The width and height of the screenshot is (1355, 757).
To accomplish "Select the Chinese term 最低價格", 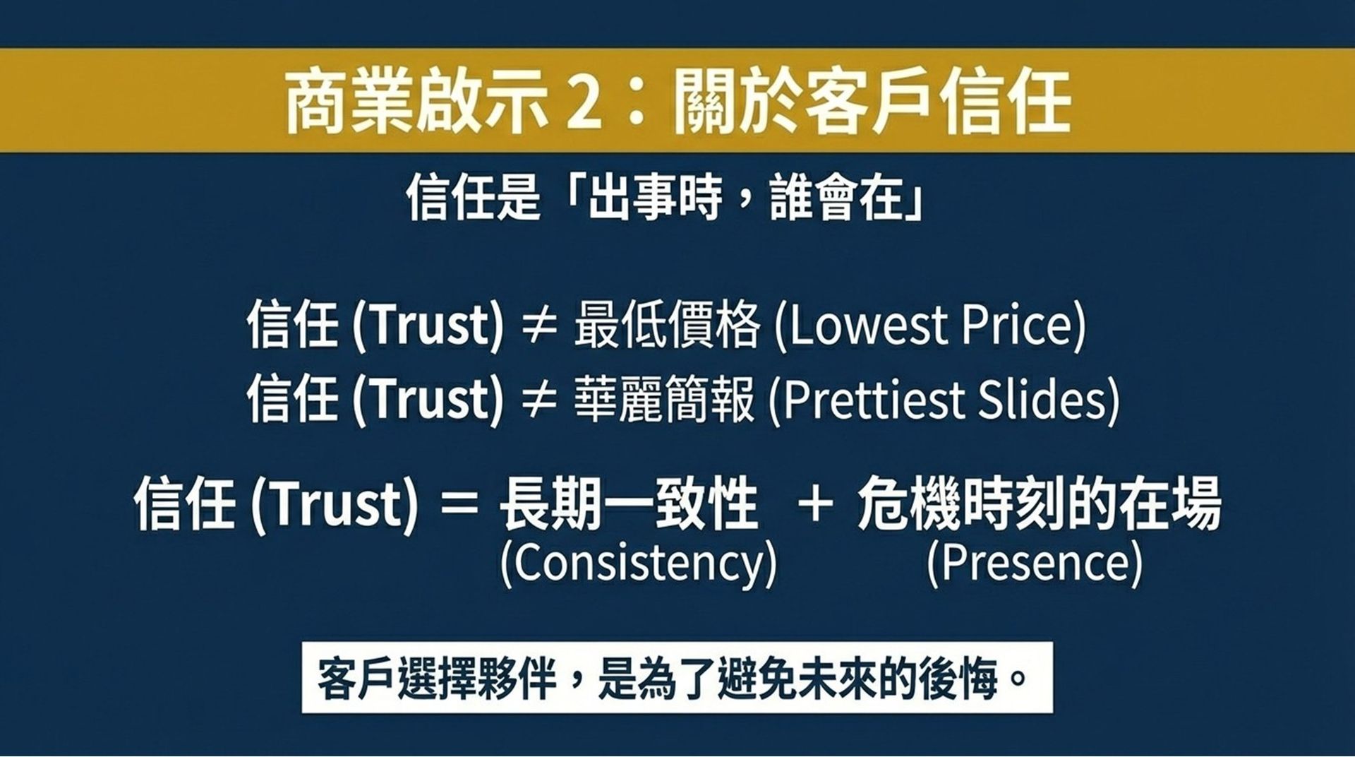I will pos(667,326).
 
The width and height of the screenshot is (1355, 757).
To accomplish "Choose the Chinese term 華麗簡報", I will pos(664,399).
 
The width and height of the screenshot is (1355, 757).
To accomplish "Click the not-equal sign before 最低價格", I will pos(539,327).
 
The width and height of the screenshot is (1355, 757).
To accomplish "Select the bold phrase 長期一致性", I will pos(628,504).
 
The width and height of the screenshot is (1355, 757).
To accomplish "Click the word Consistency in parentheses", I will pos(638,564).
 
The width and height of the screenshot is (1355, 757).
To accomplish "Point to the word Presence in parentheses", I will pos(1034,564).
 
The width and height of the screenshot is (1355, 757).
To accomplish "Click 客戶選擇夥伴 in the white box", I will pos(438,679).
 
